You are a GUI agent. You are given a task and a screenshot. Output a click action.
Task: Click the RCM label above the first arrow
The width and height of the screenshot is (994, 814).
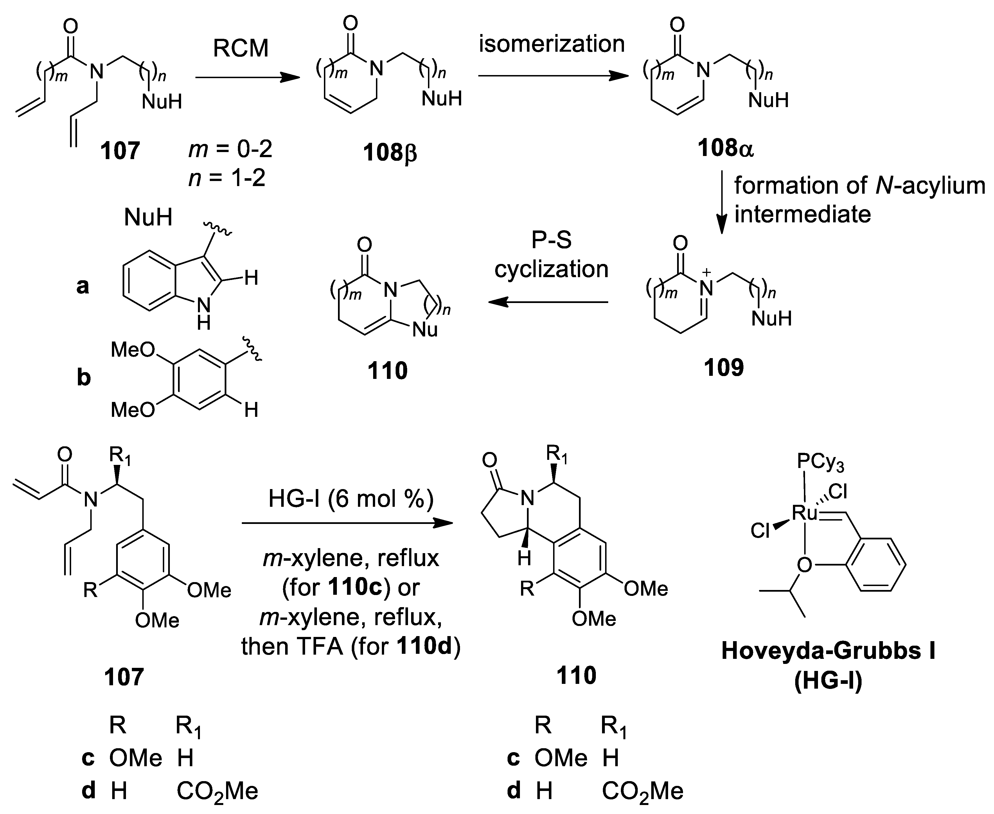(241, 48)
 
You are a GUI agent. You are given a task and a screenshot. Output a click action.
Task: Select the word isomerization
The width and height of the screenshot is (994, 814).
(552, 44)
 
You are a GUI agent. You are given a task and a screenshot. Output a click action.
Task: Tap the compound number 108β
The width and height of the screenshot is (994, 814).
(390, 153)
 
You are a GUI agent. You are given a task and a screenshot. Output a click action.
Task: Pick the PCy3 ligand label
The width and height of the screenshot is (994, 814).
(821, 463)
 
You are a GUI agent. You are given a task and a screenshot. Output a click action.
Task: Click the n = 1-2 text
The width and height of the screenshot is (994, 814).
(227, 178)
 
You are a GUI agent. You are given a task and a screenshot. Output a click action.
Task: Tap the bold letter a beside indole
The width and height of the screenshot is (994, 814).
(83, 286)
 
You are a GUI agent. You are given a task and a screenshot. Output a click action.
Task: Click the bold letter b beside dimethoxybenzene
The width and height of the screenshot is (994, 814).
(84, 377)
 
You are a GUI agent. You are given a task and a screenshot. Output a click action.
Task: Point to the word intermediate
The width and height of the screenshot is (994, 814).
(803, 214)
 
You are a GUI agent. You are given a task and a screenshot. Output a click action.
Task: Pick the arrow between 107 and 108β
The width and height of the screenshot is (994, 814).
(247, 78)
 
